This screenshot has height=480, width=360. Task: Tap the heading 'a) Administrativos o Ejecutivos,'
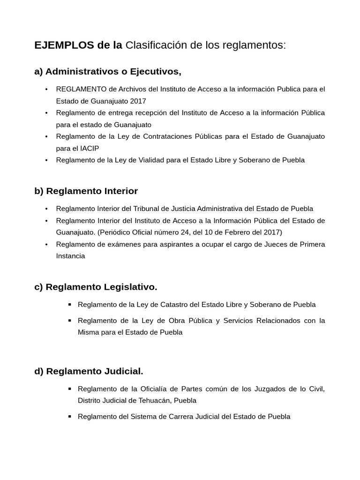[x=108, y=72]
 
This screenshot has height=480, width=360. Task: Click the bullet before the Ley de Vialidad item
[x=46, y=160]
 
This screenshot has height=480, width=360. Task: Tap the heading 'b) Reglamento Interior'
[x=86, y=191]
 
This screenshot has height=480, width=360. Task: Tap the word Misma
[x=88, y=332]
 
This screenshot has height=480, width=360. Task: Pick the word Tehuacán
[x=151, y=401]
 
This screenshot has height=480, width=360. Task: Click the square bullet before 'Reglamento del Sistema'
[x=69, y=416]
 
